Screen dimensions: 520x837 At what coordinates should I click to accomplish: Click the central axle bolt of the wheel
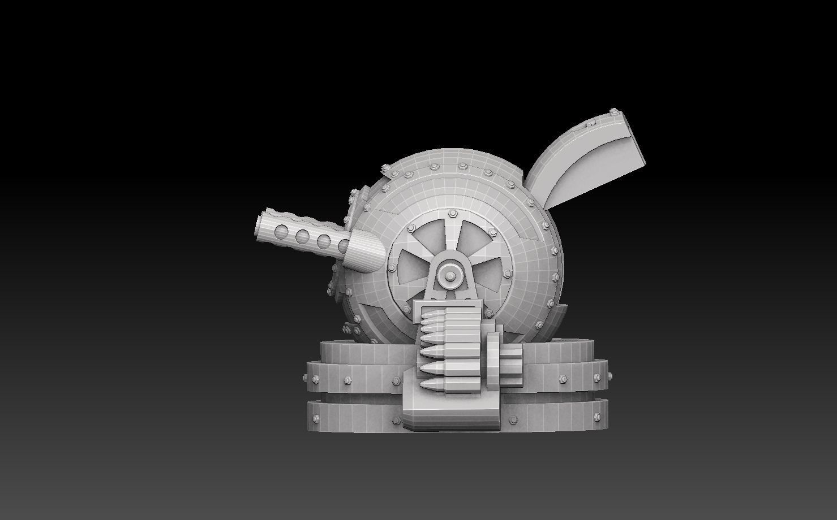point(450,275)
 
